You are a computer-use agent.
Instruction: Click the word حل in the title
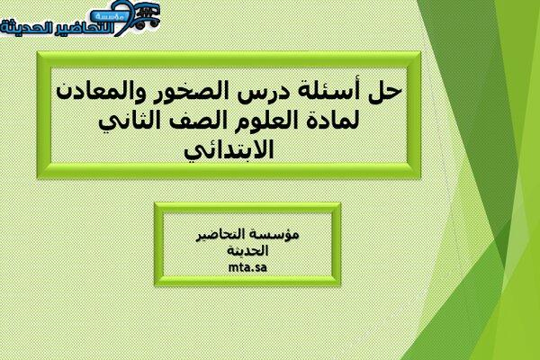tap(385, 91)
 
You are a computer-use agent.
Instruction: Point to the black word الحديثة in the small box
tap(247, 251)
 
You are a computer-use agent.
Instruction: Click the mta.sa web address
tap(247, 267)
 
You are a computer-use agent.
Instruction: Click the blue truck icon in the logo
tap(148, 16)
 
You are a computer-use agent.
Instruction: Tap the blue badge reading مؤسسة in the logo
tap(110, 16)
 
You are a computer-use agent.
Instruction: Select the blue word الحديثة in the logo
tap(25, 28)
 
